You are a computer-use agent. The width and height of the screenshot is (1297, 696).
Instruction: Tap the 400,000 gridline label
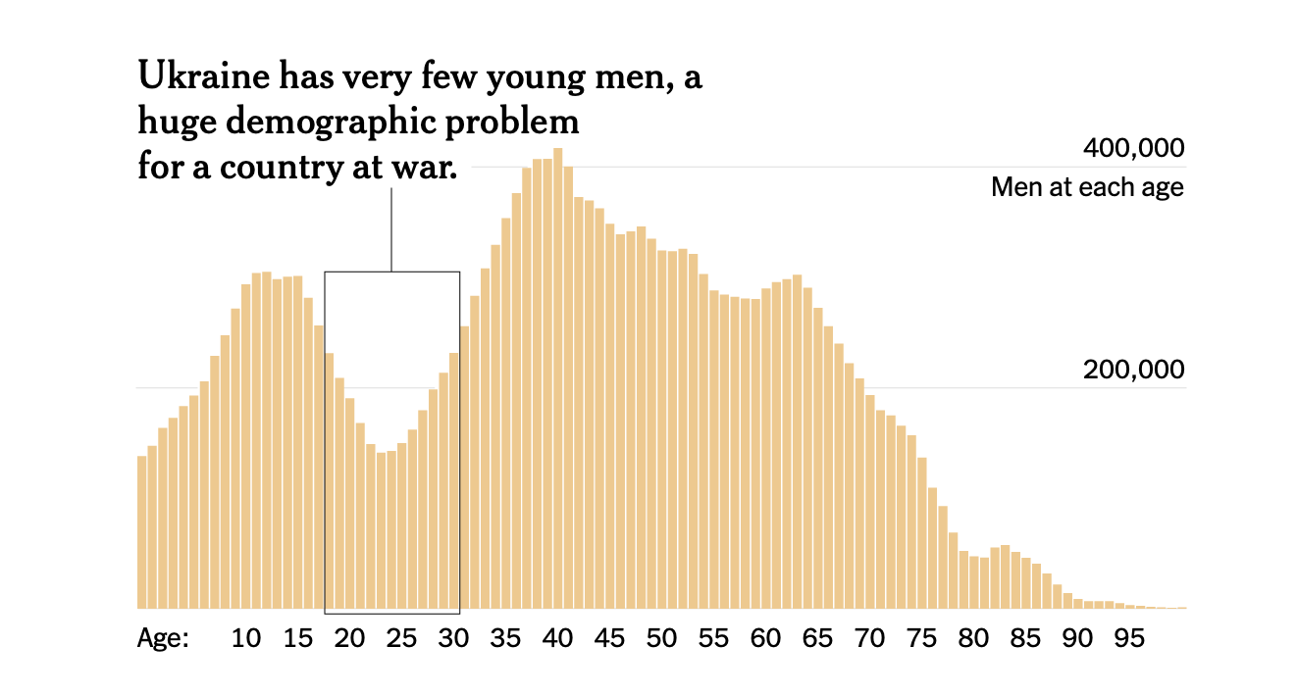(1134, 149)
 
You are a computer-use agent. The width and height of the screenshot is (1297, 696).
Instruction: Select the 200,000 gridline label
(1134, 371)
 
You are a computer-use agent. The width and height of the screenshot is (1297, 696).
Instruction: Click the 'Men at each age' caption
(1087, 186)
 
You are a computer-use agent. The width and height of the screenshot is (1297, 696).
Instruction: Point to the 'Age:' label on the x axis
(163, 639)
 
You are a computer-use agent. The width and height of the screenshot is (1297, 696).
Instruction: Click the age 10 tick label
(246, 639)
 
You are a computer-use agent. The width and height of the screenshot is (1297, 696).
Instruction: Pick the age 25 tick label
(401, 639)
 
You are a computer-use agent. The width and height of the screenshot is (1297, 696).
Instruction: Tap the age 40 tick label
(557, 639)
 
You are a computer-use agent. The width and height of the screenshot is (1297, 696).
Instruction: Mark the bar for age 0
(142, 534)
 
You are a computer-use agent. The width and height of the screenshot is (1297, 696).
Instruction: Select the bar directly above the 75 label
(921, 534)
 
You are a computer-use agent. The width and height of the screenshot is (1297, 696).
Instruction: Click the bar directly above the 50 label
(661, 431)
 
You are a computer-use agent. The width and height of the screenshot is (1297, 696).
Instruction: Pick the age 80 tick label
(973, 639)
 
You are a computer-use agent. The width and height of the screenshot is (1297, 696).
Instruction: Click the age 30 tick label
(453, 639)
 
